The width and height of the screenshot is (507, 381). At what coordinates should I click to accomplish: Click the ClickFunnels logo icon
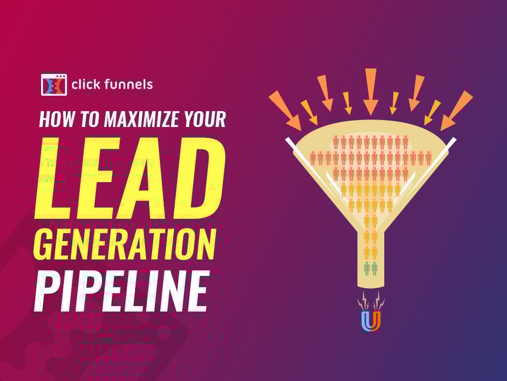coord(53,84)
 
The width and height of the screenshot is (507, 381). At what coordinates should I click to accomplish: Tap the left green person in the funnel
coord(367,268)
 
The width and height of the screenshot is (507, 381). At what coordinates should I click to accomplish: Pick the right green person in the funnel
coord(375,268)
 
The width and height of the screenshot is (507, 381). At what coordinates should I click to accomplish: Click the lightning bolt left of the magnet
coord(364,300)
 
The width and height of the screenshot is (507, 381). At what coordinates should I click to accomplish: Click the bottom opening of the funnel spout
coord(371,286)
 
